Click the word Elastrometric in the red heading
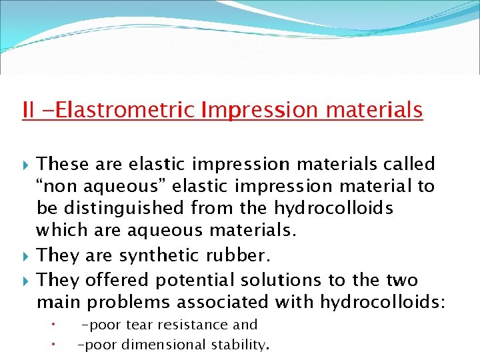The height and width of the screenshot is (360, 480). click(125, 109)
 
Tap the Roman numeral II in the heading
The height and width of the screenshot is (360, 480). click(28, 109)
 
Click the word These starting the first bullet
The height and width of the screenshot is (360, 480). click(62, 163)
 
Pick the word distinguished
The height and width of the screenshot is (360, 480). click(123, 209)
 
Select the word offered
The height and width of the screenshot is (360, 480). click(117, 279)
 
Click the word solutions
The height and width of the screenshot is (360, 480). click(281, 280)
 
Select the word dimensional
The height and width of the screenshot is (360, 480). click(163, 345)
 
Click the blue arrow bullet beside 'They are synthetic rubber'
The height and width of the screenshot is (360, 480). click(26, 256)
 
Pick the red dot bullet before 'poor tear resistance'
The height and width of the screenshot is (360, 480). click(53, 324)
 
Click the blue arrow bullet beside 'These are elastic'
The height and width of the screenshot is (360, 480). click(26, 165)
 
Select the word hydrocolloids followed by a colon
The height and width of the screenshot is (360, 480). click(383, 302)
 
